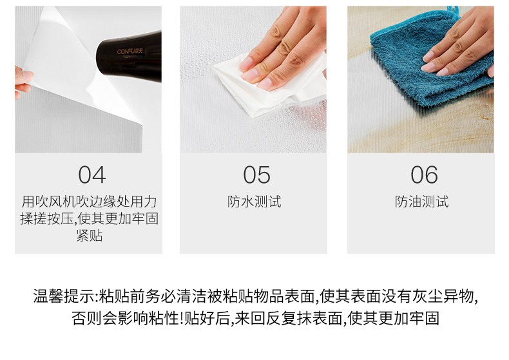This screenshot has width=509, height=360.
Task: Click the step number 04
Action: pos(91,175)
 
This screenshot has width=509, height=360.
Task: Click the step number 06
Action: pos(423,175)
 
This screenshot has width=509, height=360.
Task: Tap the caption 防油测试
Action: pos(421,202)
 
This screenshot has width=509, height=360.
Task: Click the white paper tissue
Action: pos(258,90)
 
